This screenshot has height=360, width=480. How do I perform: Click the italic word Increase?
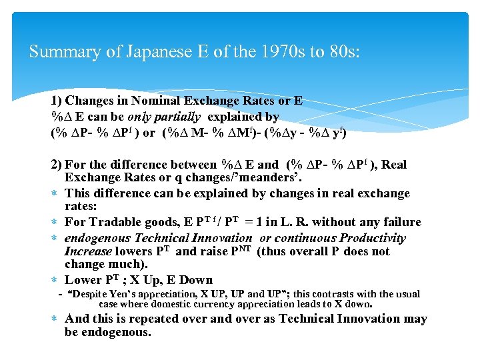pos(88,251)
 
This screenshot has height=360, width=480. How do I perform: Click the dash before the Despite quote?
pos(61,294)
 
